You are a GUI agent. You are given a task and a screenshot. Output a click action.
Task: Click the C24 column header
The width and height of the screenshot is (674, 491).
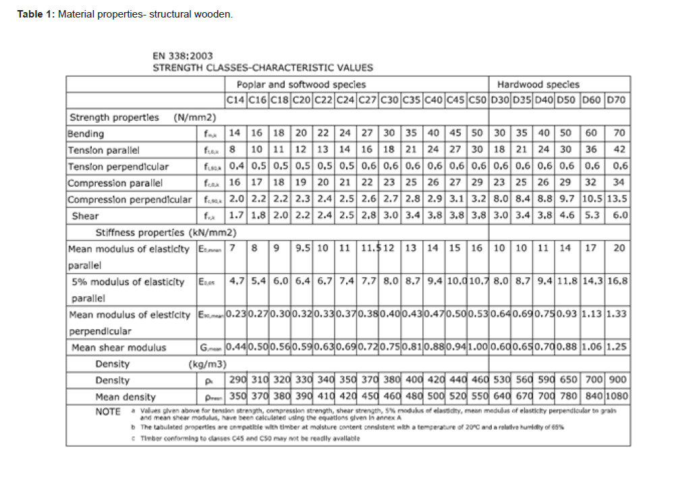coord(345,100)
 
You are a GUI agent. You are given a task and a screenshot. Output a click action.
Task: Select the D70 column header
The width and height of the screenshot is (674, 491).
coord(617,100)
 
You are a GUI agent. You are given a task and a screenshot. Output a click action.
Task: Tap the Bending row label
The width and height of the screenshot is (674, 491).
coord(86,134)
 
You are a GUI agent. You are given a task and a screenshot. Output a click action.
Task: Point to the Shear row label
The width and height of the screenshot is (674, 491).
coord(85,216)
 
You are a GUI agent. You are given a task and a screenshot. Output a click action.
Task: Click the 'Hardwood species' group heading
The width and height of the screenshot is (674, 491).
coord(538,84)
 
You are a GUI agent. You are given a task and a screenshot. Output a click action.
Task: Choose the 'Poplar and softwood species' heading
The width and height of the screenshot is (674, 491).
coord(301,84)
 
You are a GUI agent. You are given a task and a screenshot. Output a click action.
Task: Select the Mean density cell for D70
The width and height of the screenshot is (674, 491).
coord(617,397)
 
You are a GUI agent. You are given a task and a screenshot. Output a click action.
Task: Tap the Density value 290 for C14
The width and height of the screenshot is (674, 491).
coord(236,381)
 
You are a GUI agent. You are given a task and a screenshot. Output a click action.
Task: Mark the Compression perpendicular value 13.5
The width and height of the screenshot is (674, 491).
coord(617,200)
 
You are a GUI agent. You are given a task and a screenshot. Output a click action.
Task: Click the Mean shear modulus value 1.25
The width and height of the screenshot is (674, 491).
coord(617,348)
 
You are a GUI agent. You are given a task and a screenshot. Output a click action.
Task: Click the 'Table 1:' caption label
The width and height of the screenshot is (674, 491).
coord(36,15)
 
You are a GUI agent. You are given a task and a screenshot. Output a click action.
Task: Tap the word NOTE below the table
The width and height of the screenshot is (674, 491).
coord(108,411)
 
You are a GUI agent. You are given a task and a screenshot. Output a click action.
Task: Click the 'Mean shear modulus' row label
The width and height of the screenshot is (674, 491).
coord(119,348)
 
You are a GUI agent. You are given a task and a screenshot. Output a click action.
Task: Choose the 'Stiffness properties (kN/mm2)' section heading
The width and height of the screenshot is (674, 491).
coord(165,233)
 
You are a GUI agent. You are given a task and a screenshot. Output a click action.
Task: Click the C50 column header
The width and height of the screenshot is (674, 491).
coord(478,100)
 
